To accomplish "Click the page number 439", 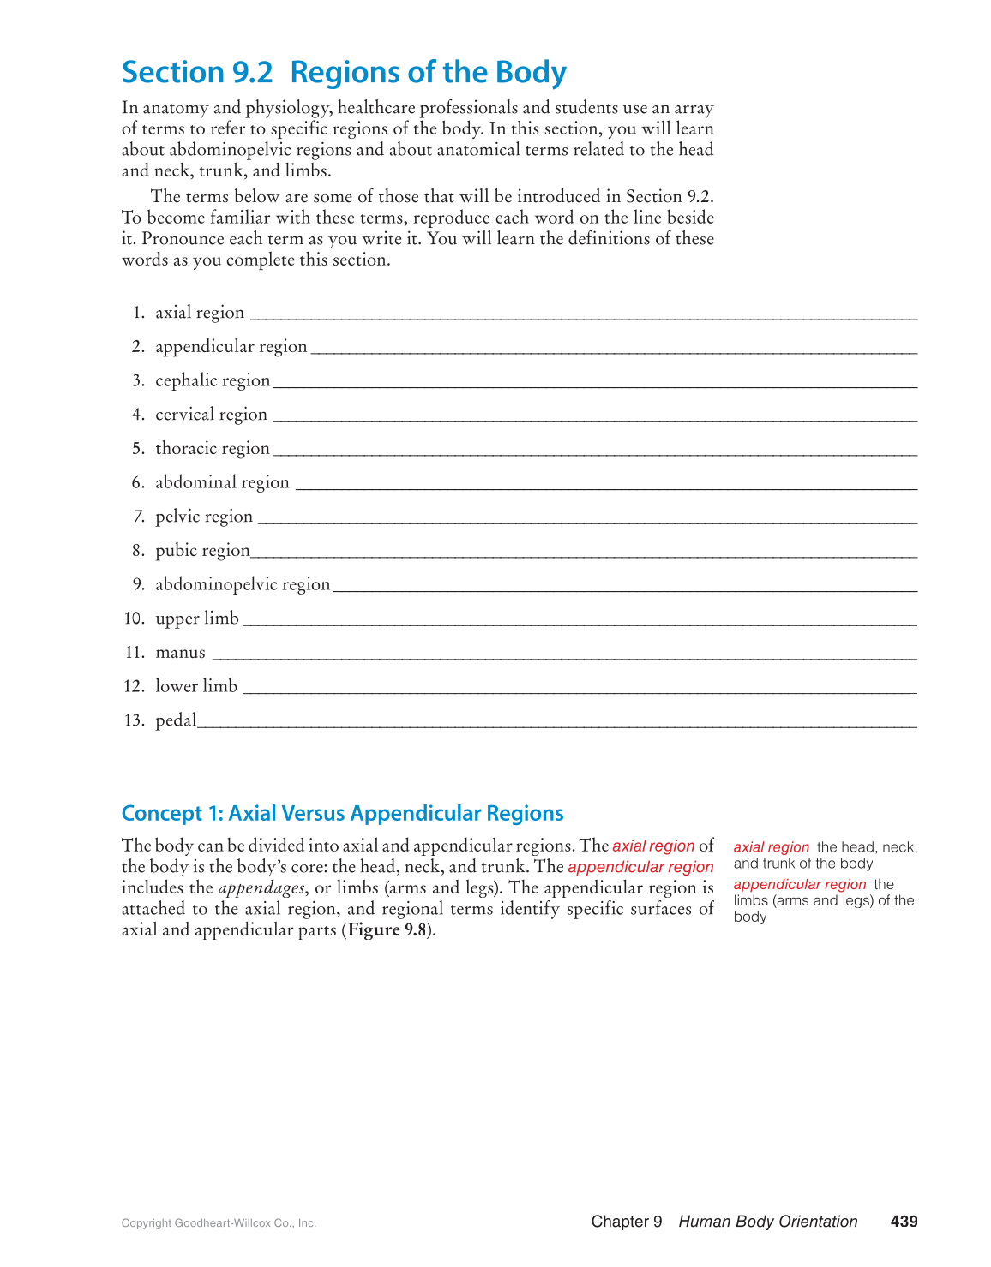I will (x=904, y=1222).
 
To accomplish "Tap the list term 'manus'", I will (x=180, y=653).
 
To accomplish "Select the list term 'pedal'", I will (x=176, y=720).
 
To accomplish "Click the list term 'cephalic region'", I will (x=213, y=380).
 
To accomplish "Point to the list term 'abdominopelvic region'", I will (x=243, y=584).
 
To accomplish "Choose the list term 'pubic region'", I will (x=202, y=551).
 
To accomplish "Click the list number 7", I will (x=139, y=517).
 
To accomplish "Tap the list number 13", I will (x=135, y=720).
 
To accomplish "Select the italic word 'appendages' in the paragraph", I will (x=261, y=888).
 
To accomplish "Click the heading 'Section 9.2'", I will (x=197, y=73).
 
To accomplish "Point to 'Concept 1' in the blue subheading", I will (x=169, y=813).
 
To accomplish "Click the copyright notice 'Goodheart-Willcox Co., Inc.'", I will (x=245, y=1223).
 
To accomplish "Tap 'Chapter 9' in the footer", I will (x=627, y=1222).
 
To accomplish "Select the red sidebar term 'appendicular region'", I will (x=800, y=884).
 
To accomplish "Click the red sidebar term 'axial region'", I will (x=772, y=847).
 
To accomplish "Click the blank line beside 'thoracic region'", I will (x=594, y=454).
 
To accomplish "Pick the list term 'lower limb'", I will (x=196, y=686).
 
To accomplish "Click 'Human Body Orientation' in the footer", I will (x=768, y=1222).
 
